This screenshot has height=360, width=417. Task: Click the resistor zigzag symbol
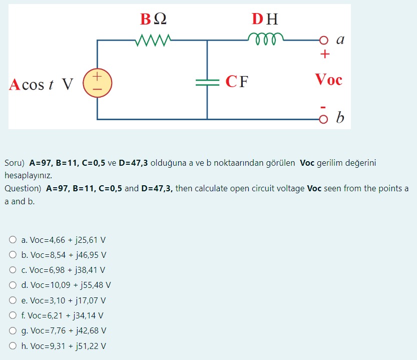pyautogui.click(x=153, y=40)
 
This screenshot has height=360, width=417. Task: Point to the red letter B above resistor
pyautogui.click(x=145, y=19)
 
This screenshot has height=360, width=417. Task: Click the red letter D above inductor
pyautogui.click(x=257, y=19)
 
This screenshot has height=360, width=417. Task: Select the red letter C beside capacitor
pyautogui.click(x=231, y=82)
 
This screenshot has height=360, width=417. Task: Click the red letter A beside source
pyautogui.click(x=15, y=85)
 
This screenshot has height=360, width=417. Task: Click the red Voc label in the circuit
pyautogui.click(x=328, y=80)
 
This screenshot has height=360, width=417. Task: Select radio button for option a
pyautogui.click(x=13, y=240)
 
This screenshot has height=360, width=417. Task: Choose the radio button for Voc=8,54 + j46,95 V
pyautogui.click(x=13, y=255)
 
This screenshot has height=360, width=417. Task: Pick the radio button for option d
pyautogui.click(x=13, y=285)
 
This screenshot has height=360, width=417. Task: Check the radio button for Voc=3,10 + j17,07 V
pyautogui.click(x=13, y=300)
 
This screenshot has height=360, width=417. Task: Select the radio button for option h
pyautogui.click(x=13, y=346)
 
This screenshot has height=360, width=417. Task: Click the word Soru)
pyautogui.click(x=15, y=163)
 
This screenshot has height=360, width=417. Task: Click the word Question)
pyautogui.click(x=23, y=189)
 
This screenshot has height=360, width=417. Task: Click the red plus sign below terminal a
pyautogui.click(x=325, y=54)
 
